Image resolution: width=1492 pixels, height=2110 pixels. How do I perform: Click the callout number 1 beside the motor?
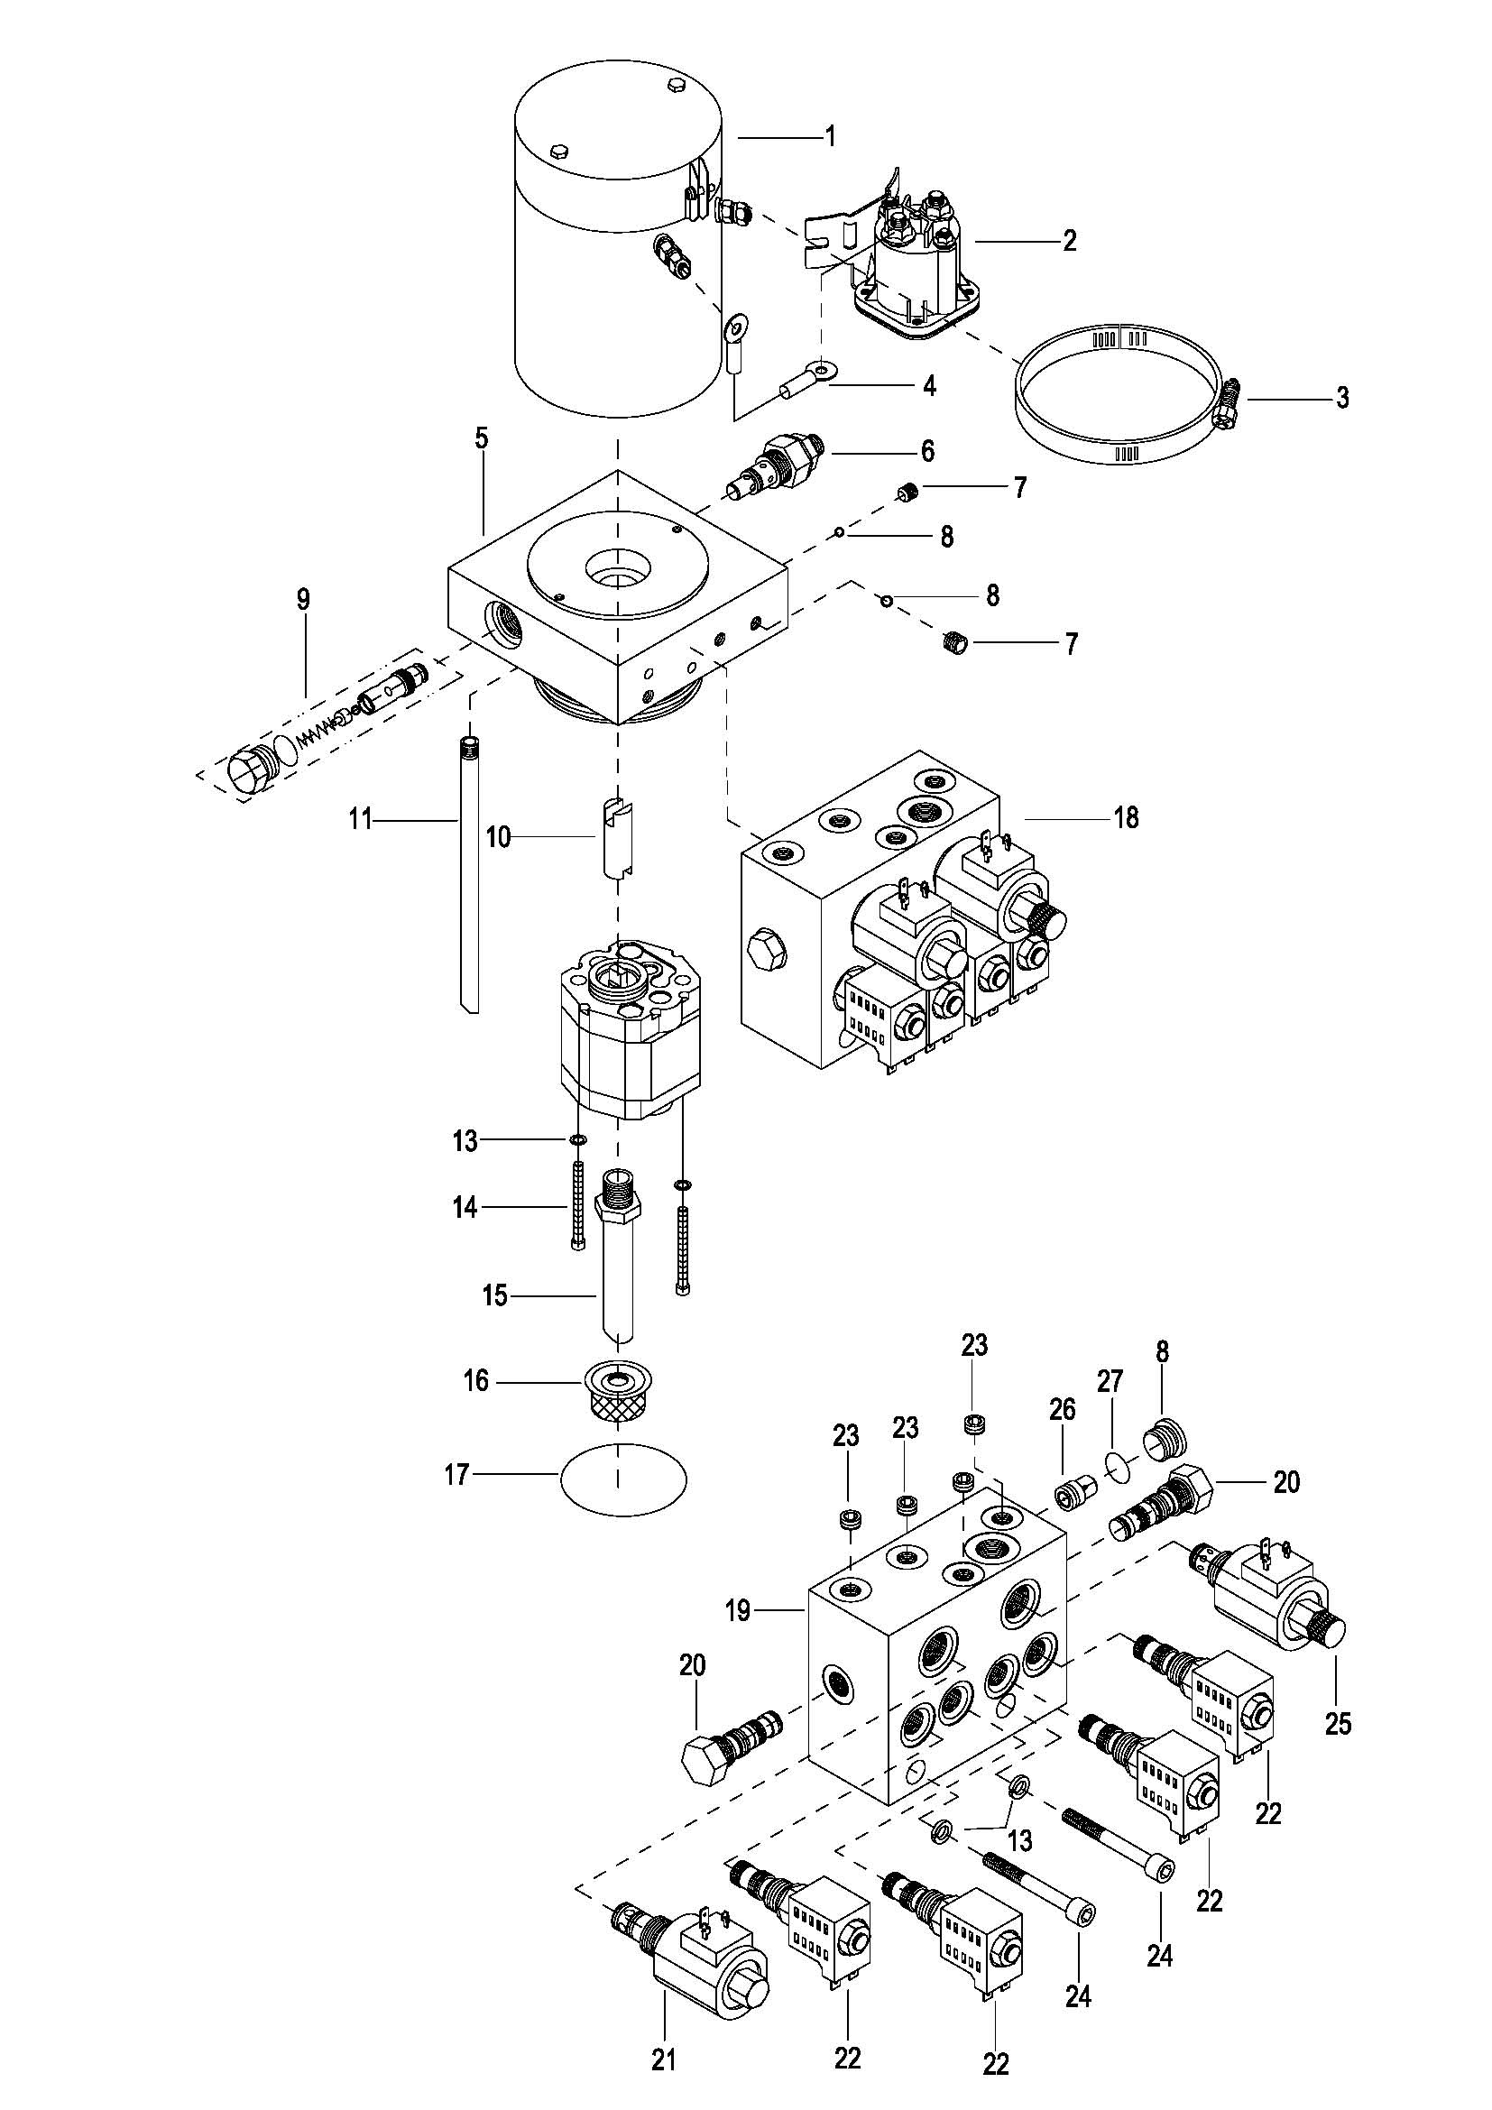tap(831, 138)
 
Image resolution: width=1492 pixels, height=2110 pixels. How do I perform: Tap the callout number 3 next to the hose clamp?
tap(1342, 398)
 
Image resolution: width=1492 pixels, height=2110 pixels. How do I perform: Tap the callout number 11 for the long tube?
tap(360, 818)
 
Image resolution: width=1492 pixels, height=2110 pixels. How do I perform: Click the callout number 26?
tap(1062, 1410)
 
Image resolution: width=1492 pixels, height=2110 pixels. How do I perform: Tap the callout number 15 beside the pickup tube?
tap(494, 1295)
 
